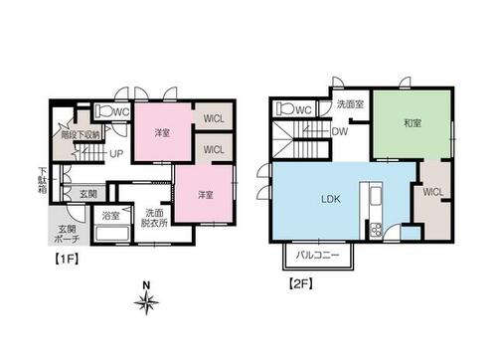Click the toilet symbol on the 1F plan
coord(103,110)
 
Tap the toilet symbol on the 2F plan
coord(284,108)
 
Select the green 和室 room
coord(412,124)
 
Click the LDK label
coord(331,199)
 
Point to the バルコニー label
coord(317,256)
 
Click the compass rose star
coord(146,302)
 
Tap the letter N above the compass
coord(146,285)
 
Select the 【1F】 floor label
coord(67,259)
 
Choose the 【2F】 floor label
coord(301,283)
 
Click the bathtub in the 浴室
coord(112,234)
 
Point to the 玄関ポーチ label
coord(67,234)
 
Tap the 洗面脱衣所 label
coord(154,218)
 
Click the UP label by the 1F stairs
coord(116,154)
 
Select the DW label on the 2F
coord(340,131)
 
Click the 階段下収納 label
coord(81,135)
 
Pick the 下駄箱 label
coord(43,181)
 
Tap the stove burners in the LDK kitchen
coord(376,230)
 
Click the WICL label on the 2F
coord(433,192)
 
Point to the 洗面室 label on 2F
coord(350,104)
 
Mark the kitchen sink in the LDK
coord(376,196)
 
